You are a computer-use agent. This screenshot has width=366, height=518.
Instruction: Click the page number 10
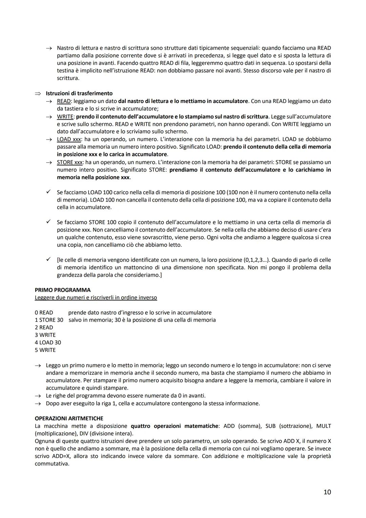click(x=327, y=492)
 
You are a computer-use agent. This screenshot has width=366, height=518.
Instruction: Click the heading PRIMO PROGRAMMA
click(x=63, y=290)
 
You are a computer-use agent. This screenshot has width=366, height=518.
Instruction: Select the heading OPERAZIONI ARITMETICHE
click(x=69, y=418)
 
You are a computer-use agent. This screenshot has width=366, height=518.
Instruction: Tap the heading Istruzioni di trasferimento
click(x=79, y=93)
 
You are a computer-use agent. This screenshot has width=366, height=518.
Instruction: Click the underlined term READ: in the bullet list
click(x=64, y=101)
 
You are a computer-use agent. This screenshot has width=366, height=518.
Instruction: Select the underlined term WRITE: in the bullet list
click(x=65, y=116)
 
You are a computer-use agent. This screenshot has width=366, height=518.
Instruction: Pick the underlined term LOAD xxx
click(x=69, y=139)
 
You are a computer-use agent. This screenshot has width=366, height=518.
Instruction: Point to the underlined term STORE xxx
click(x=70, y=162)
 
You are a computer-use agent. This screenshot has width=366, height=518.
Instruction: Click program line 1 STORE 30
click(x=49, y=320)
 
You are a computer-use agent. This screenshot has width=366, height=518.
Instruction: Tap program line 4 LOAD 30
click(x=48, y=342)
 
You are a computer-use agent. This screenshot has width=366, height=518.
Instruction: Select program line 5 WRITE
click(x=45, y=350)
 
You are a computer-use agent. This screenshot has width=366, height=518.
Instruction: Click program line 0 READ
click(x=44, y=313)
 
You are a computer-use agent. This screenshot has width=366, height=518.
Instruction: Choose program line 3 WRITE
click(x=45, y=335)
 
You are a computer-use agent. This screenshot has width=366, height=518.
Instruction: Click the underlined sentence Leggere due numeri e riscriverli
click(x=96, y=297)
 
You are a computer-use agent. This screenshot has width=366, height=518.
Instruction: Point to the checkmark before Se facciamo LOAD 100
click(x=48, y=192)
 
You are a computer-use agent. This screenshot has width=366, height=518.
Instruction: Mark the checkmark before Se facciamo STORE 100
click(x=48, y=222)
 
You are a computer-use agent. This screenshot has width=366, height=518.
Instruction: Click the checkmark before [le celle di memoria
click(x=48, y=259)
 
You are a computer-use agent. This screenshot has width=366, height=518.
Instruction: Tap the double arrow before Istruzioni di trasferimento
click(x=38, y=94)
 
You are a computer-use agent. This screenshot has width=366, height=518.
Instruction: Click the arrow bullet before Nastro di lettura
click(x=48, y=48)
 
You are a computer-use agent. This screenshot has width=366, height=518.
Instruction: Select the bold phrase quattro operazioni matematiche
click(x=175, y=426)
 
